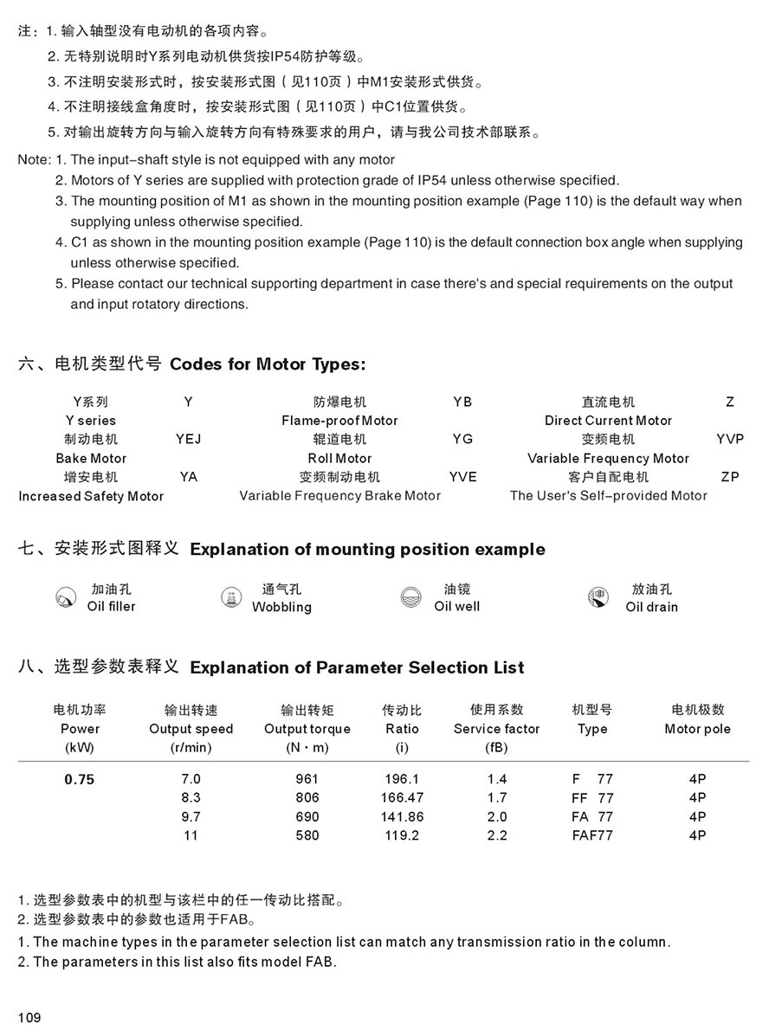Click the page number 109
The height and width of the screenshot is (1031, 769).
[x=29, y=1017]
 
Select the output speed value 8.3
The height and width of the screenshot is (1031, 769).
[x=191, y=797]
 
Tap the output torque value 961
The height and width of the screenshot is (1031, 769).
[x=307, y=779]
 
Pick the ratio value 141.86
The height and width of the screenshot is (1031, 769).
[x=402, y=816]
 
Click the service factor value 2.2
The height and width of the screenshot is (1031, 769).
[x=497, y=835]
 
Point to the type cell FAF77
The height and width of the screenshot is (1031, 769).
[x=592, y=835]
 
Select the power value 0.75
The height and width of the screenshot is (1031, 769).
[x=80, y=779]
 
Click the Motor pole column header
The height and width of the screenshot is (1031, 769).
[x=697, y=729]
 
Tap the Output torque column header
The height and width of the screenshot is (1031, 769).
[x=307, y=729]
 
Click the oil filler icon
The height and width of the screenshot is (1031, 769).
[x=64, y=597]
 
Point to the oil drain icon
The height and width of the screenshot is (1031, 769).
[x=597, y=597]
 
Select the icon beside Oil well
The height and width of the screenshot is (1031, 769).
[x=410, y=597]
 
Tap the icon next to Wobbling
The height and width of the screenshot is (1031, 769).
[x=231, y=597]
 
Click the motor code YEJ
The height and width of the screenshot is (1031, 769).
[x=188, y=439]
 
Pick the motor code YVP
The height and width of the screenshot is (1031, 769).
[x=730, y=439]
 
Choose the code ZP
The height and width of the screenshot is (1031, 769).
[x=730, y=477]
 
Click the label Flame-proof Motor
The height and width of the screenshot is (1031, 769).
[x=339, y=421]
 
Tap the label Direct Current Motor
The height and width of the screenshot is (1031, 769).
[x=608, y=421]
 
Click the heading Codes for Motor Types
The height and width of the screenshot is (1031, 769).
[x=268, y=364]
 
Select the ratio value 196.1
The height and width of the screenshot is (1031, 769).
[x=402, y=779]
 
